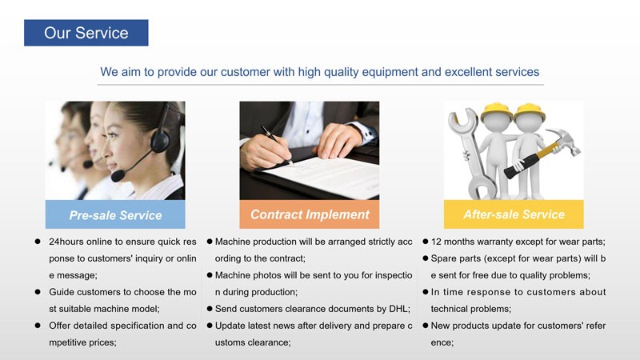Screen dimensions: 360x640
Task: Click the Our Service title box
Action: (x=86, y=33)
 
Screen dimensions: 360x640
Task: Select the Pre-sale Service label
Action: (x=115, y=214)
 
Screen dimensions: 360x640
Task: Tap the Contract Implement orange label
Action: (x=310, y=214)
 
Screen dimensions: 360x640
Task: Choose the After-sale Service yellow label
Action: (x=514, y=214)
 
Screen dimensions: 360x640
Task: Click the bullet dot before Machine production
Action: (x=209, y=242)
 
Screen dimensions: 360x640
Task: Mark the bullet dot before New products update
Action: (x=425, y=326)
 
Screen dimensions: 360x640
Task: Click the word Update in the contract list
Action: (x=232, y=326)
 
